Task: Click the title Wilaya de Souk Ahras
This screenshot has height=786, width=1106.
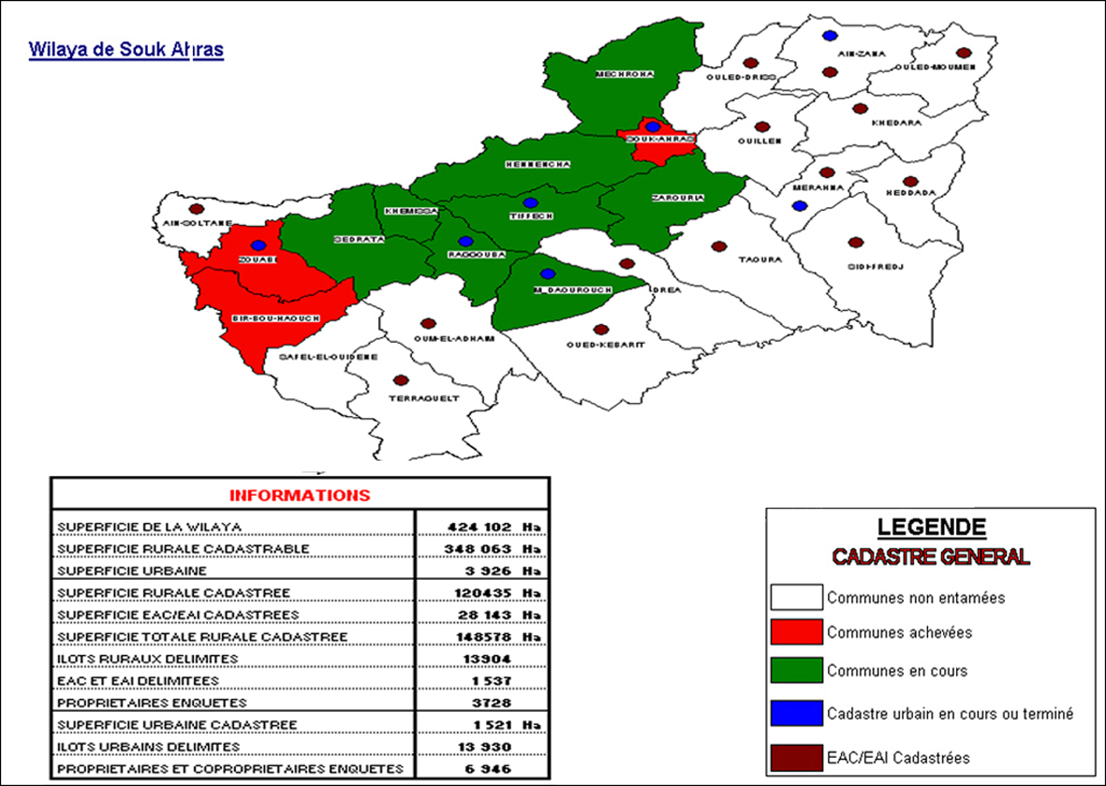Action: [x=126, y=50]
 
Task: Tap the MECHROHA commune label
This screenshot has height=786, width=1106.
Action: [x=625, y=74]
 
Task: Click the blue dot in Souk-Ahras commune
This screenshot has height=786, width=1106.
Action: [x=653, y=126]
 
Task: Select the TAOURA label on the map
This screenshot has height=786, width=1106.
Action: [x=759, y=260]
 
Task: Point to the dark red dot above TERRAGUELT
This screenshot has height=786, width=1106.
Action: [x=401, y=380]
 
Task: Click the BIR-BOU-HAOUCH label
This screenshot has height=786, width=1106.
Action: [x=275, y=319]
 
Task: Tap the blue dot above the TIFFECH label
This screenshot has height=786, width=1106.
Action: [x=531, y=202]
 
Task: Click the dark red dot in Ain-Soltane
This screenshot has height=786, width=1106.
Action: [x=196, y=209]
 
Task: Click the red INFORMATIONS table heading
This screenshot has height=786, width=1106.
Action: [x=300, y=495]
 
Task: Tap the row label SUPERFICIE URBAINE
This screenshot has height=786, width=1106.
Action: [x=131, y=570]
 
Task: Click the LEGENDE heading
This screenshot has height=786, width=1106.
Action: [x=931, y=526]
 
